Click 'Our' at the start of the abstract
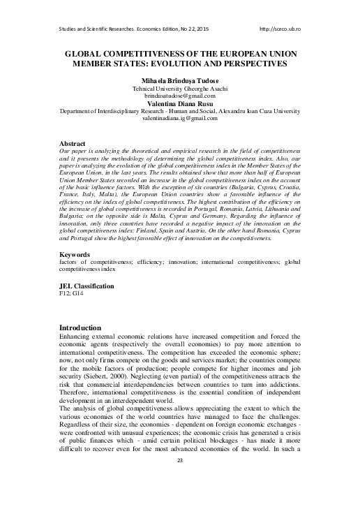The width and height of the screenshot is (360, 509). pyautogui.click(x=66, y=152)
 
